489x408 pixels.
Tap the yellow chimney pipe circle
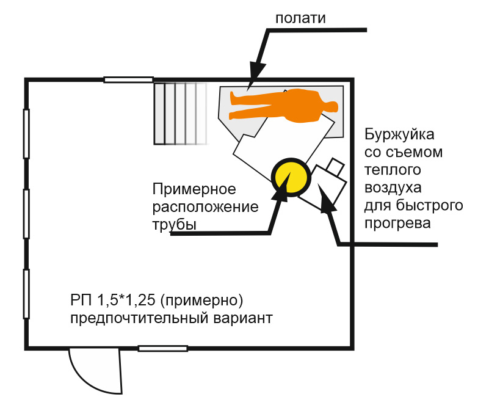click(x=289, y=176)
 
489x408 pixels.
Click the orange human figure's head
click(x=329, y=106)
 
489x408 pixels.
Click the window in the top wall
click(x=128, y=79)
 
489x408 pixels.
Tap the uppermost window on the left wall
click(x=26, y=133)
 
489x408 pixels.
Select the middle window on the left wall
click(x=26, y=214)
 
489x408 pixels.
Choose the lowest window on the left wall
click(x=26, y=294)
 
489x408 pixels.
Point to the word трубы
click(x=174, y=225)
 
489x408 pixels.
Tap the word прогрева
click(x=397, y=222)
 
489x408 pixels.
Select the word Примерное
click(x=194, y=189)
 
